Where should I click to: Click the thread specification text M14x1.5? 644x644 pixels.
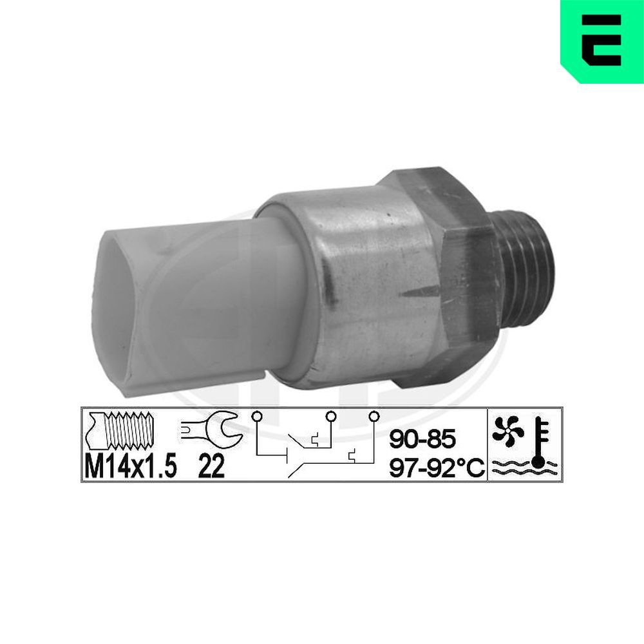(131, 466)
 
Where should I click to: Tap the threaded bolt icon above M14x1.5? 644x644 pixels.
(119, 430)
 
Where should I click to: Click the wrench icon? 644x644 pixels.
(211, 429)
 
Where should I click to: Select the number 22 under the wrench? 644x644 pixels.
(211, 466)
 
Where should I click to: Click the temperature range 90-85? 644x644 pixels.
(422, 438)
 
